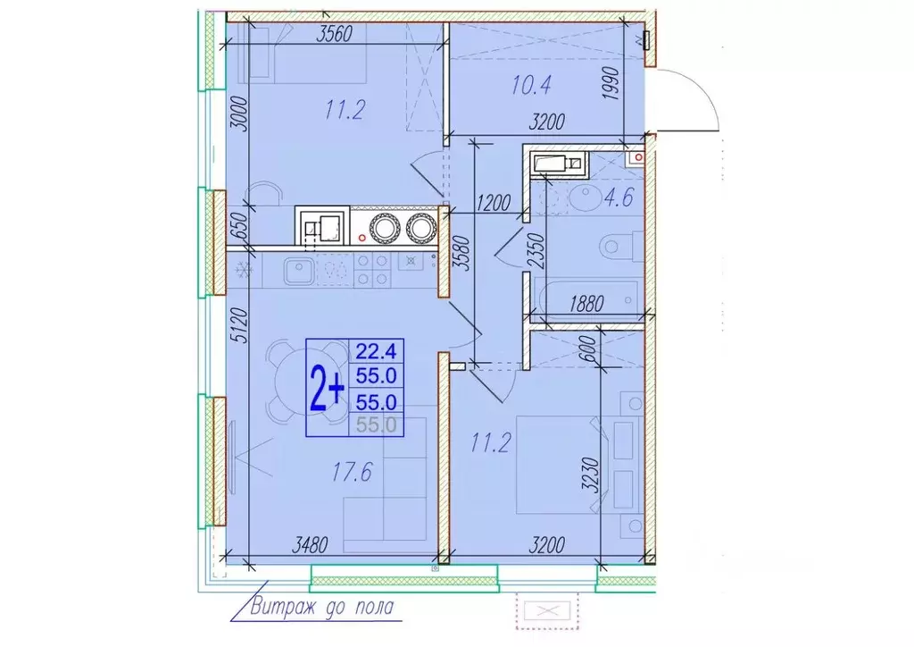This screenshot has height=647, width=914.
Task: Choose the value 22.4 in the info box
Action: click(x=376, y=350)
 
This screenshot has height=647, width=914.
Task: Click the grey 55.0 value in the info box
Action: click(x=376, y=424)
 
